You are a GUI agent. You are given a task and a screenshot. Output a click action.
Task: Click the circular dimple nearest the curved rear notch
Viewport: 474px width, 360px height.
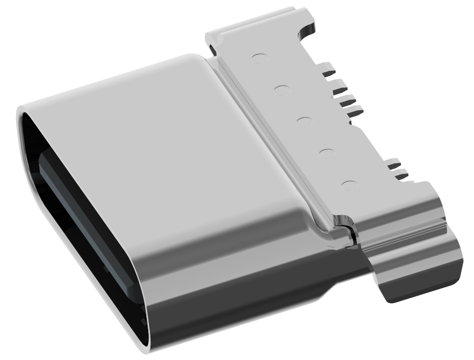click(259, 59)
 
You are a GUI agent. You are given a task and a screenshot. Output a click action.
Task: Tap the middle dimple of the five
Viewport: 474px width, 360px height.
click(305, 121)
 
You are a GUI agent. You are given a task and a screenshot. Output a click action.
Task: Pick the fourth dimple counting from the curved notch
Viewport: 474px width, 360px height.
click(327, 153)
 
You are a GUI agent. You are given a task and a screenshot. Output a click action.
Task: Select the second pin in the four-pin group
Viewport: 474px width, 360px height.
click(339, 87)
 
